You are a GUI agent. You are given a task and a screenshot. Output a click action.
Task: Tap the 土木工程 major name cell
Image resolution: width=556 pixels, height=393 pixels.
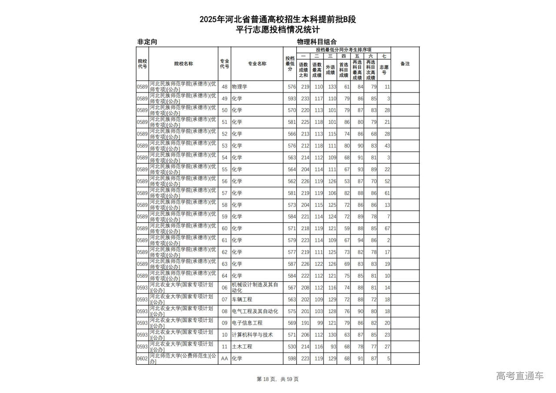[242, 347]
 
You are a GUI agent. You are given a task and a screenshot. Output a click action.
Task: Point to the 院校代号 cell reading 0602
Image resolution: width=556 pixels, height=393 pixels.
[142, 359]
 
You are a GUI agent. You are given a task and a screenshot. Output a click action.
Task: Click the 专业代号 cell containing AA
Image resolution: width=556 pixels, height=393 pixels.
[225, 359]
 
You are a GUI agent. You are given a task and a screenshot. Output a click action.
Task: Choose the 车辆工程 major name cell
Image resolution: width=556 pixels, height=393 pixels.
[242, 300]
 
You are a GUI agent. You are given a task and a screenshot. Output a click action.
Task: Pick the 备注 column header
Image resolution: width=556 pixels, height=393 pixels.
[405, 64]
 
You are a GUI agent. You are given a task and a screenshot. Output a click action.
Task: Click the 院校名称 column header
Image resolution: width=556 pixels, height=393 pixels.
[183, 64]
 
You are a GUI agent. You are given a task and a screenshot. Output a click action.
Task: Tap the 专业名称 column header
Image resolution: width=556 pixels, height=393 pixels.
[257, 64]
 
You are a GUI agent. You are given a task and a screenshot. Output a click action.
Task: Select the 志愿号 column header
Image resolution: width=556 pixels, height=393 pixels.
[384, 69]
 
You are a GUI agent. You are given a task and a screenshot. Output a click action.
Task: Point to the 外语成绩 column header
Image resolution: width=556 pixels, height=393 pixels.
[330, 69]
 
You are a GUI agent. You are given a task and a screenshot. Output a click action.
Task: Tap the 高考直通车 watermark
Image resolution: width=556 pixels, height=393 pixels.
[520, 376]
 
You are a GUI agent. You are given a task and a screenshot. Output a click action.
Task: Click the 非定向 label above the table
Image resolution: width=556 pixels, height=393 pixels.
[147, 42]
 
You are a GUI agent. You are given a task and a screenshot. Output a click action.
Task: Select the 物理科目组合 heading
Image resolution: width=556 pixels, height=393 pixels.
[317, 42]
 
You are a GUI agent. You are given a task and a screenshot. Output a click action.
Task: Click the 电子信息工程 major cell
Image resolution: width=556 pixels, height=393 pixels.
[247, 323]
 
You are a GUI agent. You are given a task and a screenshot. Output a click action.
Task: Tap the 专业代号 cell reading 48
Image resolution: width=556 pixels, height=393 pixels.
[225, 87]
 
